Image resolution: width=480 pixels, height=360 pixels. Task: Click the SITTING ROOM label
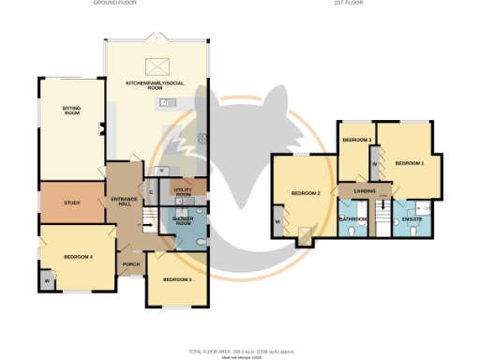pyautogui.click(x=72, y=111)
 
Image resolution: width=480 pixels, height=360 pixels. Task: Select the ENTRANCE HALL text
pyautogui.click(x=125, y=202)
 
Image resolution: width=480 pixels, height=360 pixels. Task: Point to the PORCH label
pyautogui.click(x=130, y=263)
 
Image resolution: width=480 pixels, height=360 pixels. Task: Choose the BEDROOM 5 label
pyautogui.click(x=177, y=279)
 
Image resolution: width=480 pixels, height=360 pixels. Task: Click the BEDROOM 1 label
pyautogui.click(x=410, y=163)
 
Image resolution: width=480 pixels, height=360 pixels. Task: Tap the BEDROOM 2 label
pyautogui.click(x=306, y=193)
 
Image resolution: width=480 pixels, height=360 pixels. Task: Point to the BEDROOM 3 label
pyautogui.click(x=356, y=140)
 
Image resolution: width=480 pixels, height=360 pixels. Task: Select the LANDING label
pyautogui.click(x=365, y=191)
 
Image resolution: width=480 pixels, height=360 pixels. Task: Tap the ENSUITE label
pyautogui.click(x=412, y=219)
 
